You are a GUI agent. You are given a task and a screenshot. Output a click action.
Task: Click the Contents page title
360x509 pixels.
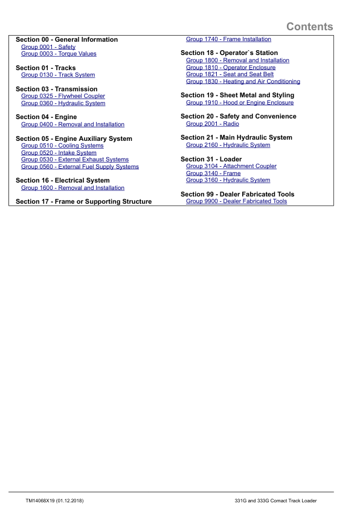(309, 27)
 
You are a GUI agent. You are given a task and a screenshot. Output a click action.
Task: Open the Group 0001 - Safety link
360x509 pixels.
(48, 47)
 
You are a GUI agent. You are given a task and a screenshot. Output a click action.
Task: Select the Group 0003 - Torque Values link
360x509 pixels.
(59, 54)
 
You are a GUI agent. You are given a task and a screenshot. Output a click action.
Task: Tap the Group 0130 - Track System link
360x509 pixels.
(58, 75)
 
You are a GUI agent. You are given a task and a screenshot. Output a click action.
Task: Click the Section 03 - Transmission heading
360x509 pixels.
(56, 89)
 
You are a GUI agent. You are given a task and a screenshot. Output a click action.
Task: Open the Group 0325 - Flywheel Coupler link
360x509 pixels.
(63, 96)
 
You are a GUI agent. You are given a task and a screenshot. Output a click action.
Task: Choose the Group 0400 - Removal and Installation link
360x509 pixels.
(72, 125)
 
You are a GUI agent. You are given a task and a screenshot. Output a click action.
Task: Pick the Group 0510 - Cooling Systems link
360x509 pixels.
(62, 146)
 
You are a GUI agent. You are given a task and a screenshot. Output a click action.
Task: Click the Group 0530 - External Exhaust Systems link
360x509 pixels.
(75, 160)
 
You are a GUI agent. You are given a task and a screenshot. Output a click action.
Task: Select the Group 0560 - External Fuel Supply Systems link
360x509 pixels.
(80, 167)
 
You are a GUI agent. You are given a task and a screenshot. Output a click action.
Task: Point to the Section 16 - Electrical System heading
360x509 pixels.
(63, 180)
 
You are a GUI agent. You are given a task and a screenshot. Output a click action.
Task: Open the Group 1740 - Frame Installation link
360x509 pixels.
(228, 39)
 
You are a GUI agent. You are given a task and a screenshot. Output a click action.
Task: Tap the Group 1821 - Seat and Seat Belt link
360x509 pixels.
(230, 74)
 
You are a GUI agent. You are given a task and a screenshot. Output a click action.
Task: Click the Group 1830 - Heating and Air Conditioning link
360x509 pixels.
(243, 82)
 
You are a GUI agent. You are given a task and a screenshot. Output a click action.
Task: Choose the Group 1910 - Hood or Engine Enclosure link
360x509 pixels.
(240, 103)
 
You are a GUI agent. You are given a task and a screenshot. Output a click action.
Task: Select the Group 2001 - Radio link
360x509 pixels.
(213, 124)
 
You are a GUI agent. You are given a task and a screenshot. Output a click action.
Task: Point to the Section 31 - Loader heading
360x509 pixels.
(211, 159)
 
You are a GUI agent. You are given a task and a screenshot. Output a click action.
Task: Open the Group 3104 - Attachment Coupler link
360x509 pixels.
(231, 166)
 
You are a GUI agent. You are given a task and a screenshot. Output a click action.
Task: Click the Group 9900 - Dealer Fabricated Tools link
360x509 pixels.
(236, 201)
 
